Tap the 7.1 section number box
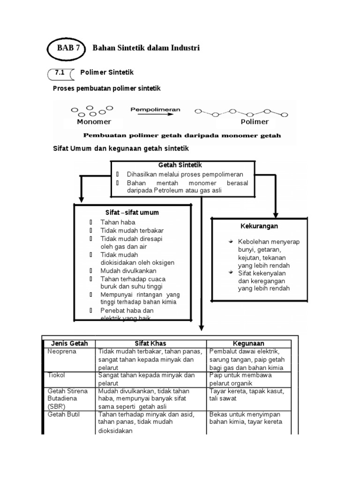[x=60, y=73]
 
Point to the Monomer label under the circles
[x=94, y=122]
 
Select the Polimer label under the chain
[x=255, y=122]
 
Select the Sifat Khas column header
[x=150, y=344]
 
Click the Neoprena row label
[x=62, y=351]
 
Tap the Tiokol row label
[x=56, y=375]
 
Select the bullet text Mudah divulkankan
[x=128, y=271]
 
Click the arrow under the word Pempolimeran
[x=155, y=116]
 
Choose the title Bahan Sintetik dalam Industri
[x=146, y=48]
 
